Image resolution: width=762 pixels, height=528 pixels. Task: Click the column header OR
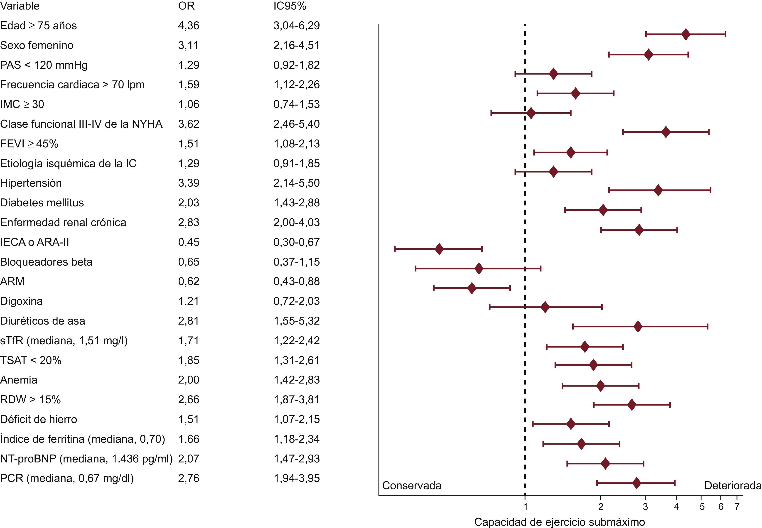click(186, 6)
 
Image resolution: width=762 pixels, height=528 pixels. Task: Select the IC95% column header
click(290, 6)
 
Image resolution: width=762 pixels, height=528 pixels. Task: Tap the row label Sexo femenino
click(37, 45)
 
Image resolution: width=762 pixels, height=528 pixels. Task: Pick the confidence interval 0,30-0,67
click(296, 242)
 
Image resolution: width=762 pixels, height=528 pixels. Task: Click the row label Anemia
click(19, 380)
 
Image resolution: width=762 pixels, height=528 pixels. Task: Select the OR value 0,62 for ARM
click(189, 281)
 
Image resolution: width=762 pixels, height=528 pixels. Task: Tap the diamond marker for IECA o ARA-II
click(439, 249)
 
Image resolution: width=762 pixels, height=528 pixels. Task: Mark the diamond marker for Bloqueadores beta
click(479, 268)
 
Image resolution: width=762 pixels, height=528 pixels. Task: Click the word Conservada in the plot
click(411, 486)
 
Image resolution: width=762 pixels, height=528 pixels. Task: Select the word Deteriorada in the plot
click(733, 486)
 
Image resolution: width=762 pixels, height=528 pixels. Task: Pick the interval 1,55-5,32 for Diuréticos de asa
click(296, 321)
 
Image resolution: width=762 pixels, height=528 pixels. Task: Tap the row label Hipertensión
click(31, 183)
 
